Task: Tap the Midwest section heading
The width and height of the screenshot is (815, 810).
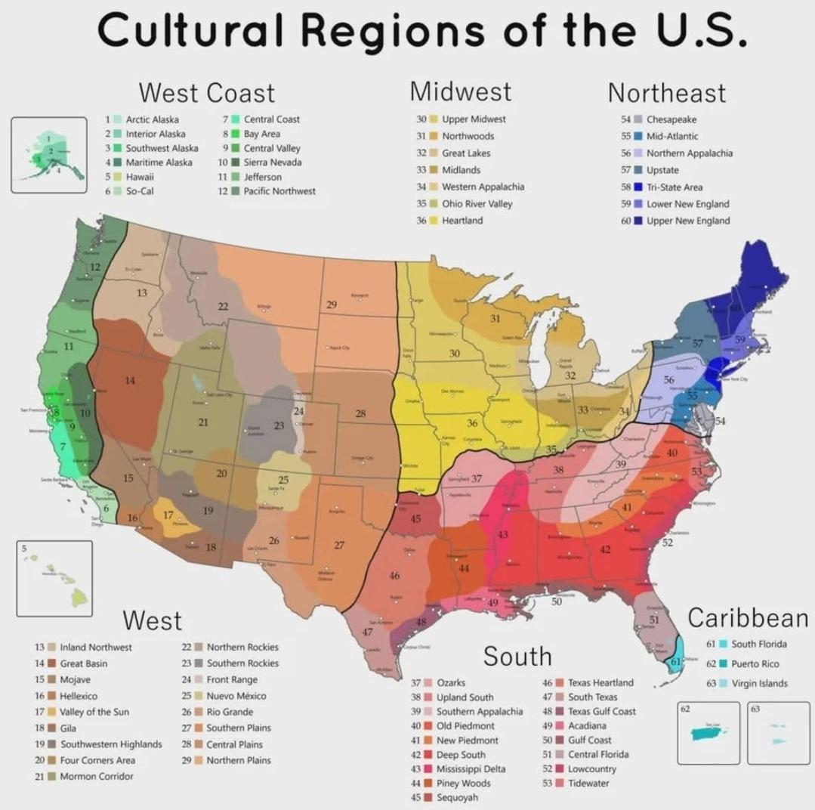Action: [x=460, y=91]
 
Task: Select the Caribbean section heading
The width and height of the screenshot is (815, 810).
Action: [x=747, y=618]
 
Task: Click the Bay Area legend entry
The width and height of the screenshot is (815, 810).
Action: [x=261, y=134]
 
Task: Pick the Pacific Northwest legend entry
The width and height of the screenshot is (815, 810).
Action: [x=279, y=191]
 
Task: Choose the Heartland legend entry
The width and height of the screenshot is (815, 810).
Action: [x=462, y=221]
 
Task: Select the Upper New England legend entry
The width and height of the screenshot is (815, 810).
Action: [x=688, y=221]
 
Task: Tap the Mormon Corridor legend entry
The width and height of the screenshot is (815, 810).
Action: [x=97, y=776]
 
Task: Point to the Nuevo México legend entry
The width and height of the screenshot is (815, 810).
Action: [x=236, y=696]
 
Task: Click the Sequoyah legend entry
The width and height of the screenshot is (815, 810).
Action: [x=456, y=797]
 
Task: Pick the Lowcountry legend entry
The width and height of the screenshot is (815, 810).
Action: [x=592, y=768]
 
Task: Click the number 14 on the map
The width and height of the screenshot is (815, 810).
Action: [x=130, y=380]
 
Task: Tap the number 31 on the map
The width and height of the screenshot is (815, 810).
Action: [x=495, y=319]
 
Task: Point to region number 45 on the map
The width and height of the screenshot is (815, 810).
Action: [x=415, y=519]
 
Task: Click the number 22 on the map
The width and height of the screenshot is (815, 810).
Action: [x=223, y=306]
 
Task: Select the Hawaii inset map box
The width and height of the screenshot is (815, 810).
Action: [x=54, y=578]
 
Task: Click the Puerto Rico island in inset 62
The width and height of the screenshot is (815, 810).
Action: [x=707, y=732]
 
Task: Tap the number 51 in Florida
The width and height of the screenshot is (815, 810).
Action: [x=655, y=619]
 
